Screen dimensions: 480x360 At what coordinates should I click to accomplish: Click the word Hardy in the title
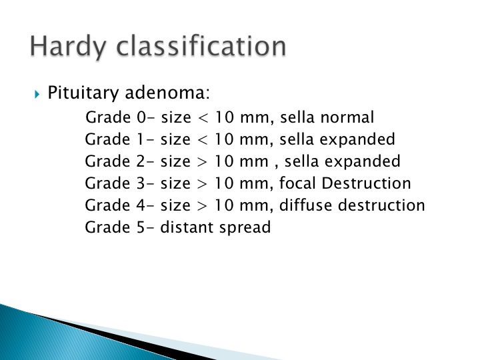coord(68,47)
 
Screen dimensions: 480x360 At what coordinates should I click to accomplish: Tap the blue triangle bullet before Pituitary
coord(37,94)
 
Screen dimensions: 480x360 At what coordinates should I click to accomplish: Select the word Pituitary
coord(83,93)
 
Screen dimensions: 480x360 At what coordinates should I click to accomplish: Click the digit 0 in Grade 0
coord(141,117)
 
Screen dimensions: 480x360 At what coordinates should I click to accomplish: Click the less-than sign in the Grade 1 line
coord(203,140)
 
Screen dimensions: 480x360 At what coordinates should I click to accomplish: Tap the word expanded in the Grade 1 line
coord(357,140)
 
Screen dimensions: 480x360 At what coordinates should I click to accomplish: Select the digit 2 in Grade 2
coord(140,161)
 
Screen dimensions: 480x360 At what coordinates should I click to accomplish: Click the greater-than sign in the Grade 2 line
coord(203,162)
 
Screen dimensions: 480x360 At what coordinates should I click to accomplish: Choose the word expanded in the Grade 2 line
coord(363,161)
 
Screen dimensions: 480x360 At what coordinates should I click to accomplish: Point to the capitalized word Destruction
coord(366,183)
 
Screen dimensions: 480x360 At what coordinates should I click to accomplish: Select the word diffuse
coord(306,205)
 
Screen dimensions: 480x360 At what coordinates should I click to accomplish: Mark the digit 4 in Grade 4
coord(141,205)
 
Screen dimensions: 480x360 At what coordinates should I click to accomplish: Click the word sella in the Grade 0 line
coord(297,117)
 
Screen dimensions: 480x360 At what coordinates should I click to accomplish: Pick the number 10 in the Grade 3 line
coord(224,184)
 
